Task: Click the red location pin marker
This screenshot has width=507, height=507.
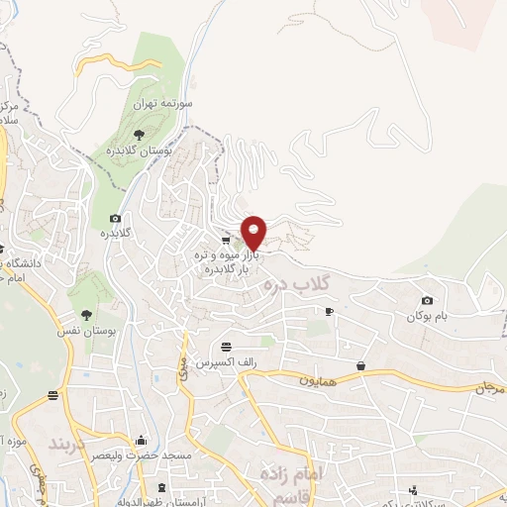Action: click(x=254, y=232)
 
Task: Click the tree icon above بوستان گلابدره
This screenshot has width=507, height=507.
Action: click(x=138, y=134)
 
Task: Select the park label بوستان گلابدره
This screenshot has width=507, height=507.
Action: click(x=141, y=152)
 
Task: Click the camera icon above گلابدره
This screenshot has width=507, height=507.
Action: click(x=116, y=218)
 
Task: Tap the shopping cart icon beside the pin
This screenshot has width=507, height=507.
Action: click(x=227, y=239)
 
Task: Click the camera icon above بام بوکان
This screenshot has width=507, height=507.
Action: click(x=427, y=301)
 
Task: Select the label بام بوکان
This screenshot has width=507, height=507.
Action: click(x=427, y=317)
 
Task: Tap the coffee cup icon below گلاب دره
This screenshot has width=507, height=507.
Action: click(x=329, y=311)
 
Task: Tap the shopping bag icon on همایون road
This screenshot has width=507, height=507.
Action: click(x=361, y=367)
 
